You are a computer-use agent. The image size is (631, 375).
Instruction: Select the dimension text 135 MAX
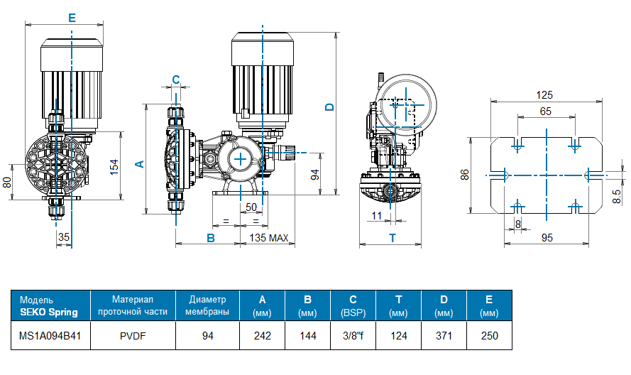pos(268,238)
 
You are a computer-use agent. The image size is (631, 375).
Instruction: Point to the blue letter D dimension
pos(329,107)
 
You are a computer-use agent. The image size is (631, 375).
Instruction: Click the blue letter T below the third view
pos(391,238)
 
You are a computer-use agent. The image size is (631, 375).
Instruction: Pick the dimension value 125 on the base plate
pos(545,95)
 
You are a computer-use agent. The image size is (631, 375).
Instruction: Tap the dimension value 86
pos(466,174)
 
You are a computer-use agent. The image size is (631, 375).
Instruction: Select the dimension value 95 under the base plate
pos(547,238)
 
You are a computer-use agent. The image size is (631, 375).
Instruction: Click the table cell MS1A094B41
pos(50,336)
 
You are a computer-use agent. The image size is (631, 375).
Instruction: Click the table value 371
pos(444,336)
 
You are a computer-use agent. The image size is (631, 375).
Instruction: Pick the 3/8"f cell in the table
pos(353,336)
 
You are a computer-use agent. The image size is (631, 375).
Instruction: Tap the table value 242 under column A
pos(263,336)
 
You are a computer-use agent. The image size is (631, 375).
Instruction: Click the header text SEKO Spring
pos(49,312)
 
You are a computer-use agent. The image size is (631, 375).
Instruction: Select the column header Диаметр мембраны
pos(208,306)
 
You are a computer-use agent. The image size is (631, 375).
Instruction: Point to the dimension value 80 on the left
pos(8,182)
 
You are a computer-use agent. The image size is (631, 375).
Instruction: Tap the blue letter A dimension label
pos(140,163)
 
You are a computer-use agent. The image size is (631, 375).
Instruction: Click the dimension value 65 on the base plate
pos(545,112)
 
